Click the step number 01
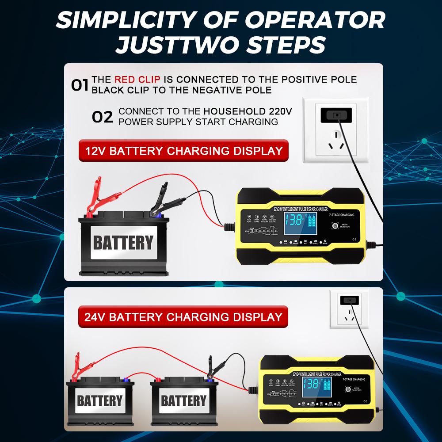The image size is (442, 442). tap(80, 85)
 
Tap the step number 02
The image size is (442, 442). tap(102, 117)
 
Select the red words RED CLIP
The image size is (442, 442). tap(138, 80)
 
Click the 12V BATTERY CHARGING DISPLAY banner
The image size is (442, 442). tap(183, 151)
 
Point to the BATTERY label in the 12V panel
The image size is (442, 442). tap(123, 243)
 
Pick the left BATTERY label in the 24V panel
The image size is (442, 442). tap(99, 401)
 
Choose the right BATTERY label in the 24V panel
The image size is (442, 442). tap(183, 401)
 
